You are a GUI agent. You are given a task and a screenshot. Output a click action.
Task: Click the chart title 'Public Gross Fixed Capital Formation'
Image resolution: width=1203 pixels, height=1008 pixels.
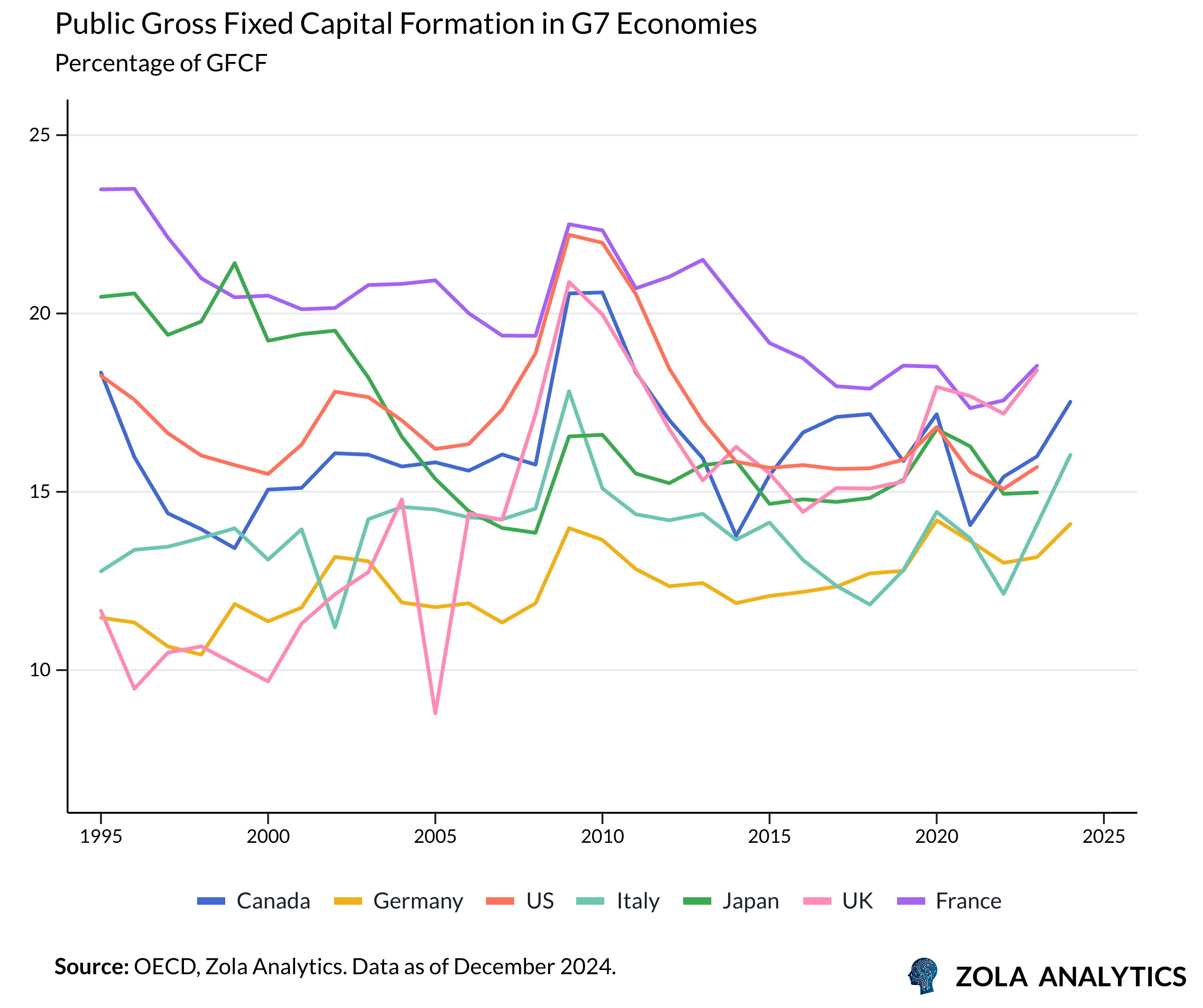pos(405,24)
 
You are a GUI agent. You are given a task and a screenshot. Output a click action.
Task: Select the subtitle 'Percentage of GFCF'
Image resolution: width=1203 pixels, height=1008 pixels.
pos(161,63)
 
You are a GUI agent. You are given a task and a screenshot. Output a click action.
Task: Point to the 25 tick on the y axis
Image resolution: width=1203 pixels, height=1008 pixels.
pos(39,135)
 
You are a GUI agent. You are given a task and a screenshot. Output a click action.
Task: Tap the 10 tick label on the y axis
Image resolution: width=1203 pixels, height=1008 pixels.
pos(39,670)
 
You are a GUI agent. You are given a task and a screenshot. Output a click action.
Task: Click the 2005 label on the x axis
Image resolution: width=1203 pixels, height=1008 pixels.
pos(435,837)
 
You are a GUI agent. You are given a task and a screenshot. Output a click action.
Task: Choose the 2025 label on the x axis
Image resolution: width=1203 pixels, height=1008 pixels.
pos(1104,837)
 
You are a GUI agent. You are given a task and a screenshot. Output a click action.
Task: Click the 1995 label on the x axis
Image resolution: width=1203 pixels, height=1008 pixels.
pos(101,837)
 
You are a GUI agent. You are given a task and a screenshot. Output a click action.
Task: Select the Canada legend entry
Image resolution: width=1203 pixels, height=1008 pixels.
pos(253,901)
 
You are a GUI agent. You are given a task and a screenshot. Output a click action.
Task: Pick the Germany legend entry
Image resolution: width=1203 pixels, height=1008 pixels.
pos(398,901)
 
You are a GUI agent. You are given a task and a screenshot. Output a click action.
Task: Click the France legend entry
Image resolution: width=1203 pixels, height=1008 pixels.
pos(948,901)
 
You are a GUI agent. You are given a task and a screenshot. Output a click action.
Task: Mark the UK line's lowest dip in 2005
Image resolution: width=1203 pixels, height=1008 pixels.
pos(435,713)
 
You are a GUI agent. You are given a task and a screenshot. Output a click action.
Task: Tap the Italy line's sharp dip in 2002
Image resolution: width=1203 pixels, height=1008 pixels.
pos(335,627)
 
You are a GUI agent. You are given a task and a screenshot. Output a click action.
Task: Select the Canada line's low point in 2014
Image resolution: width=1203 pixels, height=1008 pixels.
pos(736,536)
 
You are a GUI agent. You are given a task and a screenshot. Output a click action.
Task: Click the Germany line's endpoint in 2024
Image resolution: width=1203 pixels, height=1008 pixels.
pos(1070,524)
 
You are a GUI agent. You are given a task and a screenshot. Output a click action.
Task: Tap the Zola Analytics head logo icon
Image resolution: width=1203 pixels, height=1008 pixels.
pos(923,976)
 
